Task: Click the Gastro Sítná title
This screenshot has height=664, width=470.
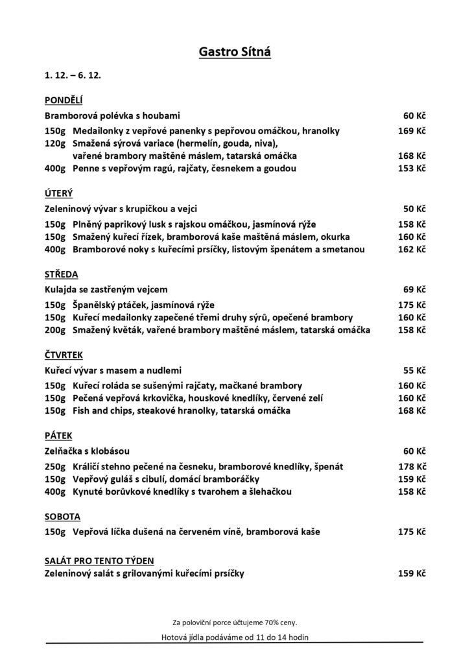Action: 235,51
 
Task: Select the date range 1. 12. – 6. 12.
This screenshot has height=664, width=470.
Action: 72,75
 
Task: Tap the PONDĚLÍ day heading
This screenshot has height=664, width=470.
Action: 63,100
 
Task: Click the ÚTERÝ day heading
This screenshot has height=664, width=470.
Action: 58,193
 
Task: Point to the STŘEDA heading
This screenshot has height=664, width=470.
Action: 61,274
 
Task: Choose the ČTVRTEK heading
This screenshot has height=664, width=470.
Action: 64,355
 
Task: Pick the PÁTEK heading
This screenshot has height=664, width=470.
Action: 58,435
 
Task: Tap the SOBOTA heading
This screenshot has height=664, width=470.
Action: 62,517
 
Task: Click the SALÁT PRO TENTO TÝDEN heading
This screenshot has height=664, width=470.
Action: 99,560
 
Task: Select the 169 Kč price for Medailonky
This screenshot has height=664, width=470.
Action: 412,131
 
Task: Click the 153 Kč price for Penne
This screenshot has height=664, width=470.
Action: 412,169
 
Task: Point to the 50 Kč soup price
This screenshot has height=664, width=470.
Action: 414,209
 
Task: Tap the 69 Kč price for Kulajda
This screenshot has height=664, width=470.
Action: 414,289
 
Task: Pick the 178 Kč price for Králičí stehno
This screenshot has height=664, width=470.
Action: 412,466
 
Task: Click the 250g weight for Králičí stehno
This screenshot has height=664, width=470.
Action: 55,466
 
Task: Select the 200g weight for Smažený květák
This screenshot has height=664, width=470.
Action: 55,330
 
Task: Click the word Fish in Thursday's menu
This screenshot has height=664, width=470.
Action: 83,410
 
